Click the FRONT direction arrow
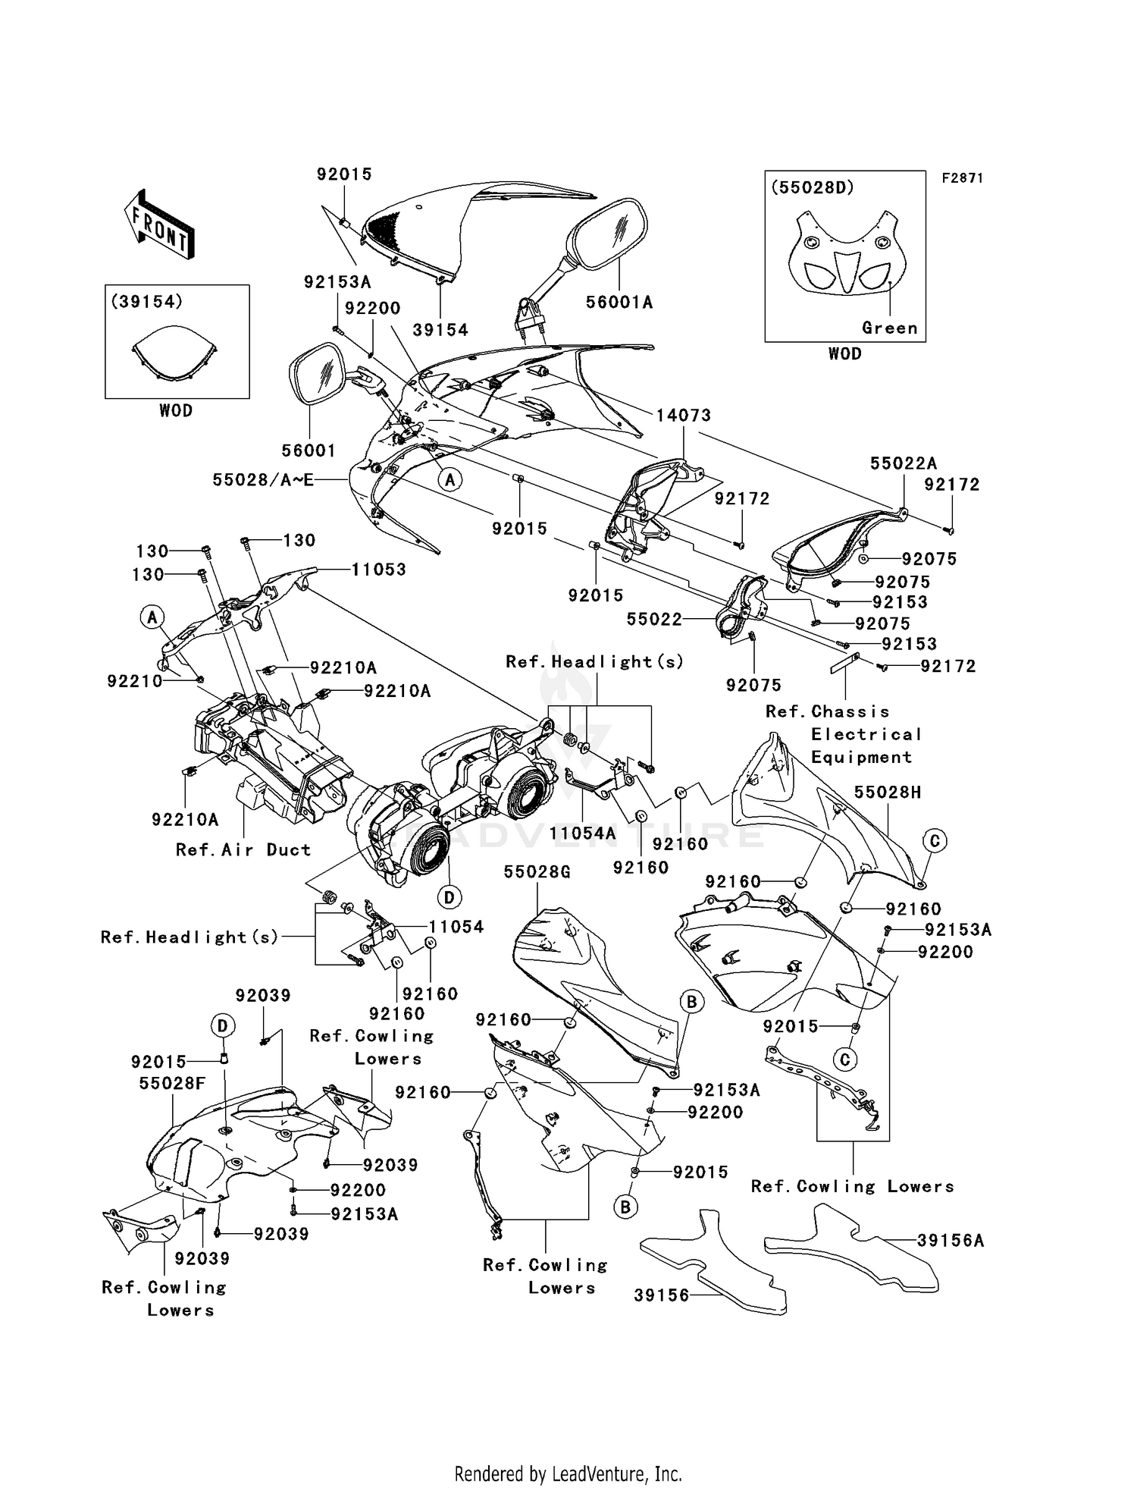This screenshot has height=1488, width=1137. pos(158,225)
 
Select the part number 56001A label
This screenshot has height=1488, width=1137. pos(619,302)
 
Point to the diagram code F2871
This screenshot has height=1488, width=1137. pos(962,178)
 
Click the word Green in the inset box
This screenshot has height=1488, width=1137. pos(889,328)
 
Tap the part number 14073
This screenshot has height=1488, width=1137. pos(683,415)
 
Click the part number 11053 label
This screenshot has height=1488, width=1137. pos(378,569)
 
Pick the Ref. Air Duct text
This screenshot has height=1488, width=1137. pos(243,849)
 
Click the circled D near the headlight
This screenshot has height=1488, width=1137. pos(449,897)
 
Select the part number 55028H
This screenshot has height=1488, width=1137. pos(888,792)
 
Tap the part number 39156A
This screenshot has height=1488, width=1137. pos(950,1240)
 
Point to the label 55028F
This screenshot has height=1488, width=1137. pos(172,1084)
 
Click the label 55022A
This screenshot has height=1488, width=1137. pos(903,463)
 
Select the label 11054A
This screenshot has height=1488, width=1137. pos(583,833)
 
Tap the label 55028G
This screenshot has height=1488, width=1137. pos(537,872)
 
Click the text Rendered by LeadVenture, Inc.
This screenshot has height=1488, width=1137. pos(568,1452)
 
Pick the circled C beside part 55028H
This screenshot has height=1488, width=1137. pos(934,840)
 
